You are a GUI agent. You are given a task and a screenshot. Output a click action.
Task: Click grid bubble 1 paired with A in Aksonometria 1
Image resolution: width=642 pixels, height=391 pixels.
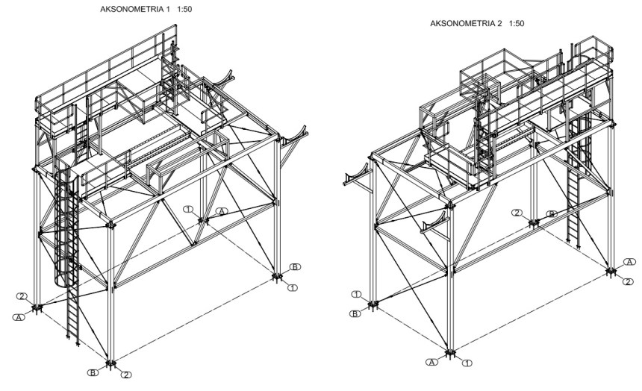tap(190, 208)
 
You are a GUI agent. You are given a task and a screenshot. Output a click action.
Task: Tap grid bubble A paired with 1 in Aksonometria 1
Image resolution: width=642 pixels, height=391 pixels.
tap(221, 212)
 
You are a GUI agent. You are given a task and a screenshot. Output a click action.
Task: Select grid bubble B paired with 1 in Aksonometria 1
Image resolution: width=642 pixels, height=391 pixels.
tap(296, 266)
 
